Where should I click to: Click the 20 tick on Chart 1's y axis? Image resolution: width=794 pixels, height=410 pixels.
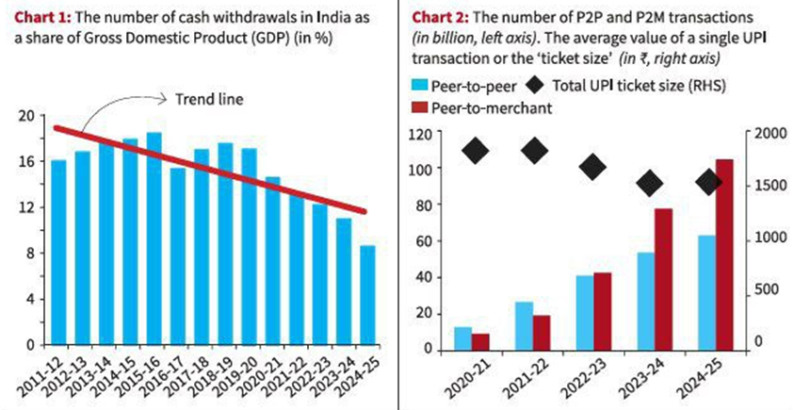coord(25,116)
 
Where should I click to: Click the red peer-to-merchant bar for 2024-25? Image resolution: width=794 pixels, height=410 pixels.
coord(724,254)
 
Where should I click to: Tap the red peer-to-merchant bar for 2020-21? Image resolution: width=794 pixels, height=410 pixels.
coord(481,340)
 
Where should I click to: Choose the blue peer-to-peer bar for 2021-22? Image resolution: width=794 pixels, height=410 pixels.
coord(524,324)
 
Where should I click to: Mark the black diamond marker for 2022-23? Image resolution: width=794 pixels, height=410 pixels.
coord(593,168)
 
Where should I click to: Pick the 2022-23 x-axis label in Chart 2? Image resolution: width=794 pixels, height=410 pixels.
coord(583,378)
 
